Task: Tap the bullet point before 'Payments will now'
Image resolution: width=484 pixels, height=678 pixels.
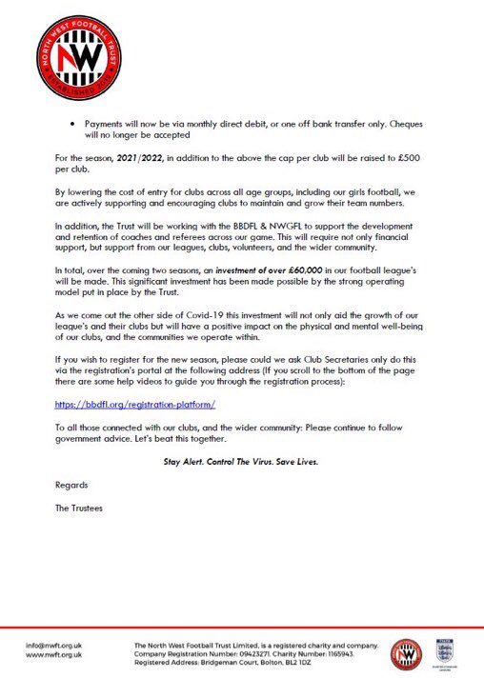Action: [x=73, y=125]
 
